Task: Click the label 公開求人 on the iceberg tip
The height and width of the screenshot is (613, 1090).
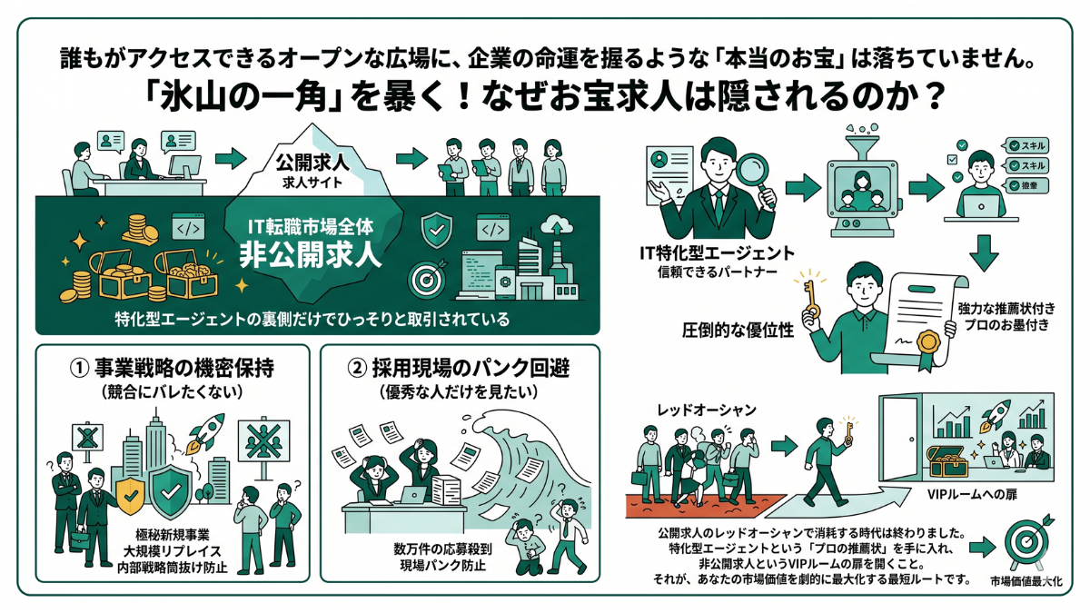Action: tap(312, 163)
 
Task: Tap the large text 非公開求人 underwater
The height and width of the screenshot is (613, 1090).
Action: tap(310, 255)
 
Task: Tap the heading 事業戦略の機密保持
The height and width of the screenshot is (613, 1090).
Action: tap(183, 368)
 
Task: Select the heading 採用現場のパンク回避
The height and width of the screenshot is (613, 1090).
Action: tap(471, 368)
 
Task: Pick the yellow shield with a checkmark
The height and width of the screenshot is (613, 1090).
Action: tap(131, 495)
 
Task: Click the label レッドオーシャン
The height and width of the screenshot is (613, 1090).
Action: tap(706, 410)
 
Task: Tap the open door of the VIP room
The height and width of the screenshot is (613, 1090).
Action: tap(898, 440)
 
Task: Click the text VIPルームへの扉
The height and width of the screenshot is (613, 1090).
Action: tap(972, 494)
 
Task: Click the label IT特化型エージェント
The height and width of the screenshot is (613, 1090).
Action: tap(717, 253)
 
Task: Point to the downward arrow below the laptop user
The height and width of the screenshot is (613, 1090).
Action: tap(984, 253)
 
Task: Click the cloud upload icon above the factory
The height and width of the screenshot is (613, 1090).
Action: tap(557, 224)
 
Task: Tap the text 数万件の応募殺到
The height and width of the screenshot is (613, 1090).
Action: tap(442, 549)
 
